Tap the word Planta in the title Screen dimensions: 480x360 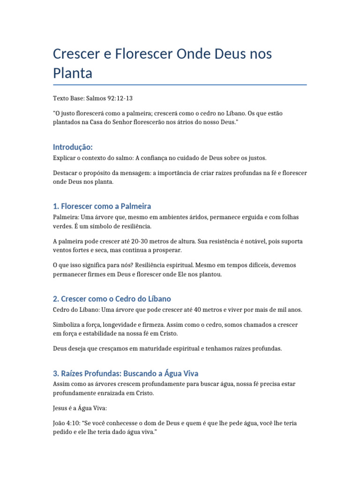[73, 73]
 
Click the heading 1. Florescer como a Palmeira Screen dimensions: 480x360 [102, 206]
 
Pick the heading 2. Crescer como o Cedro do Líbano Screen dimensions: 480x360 [112, 299]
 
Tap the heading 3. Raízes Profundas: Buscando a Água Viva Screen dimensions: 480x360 [126, 373]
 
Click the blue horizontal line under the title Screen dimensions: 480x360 [180, 85]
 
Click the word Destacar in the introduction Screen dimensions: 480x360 [65, 173]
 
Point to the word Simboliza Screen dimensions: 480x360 [67, 324]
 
